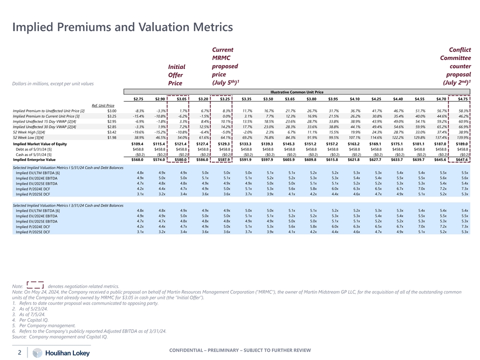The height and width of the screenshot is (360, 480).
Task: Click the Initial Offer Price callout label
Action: [177, 74]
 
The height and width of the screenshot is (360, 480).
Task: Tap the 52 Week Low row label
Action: [29, 137]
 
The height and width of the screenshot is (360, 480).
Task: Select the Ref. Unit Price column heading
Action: [103, 105]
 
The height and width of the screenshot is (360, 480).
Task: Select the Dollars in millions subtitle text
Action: [53, 83]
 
